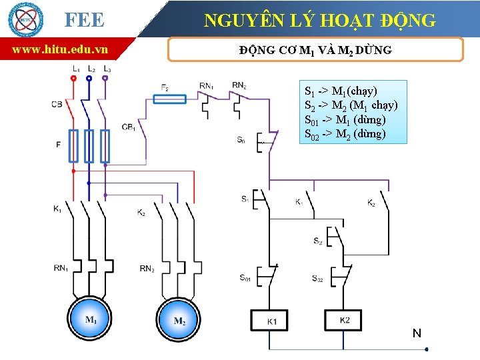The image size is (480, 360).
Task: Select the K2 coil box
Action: [345, 320]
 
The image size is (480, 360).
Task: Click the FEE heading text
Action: [84, 20]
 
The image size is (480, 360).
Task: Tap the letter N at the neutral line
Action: [417, 333]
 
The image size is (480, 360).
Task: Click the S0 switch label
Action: [241, 139]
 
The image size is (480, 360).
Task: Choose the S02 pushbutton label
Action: [317, 278]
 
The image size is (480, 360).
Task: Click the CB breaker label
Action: [57, 104]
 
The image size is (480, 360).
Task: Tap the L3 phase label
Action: [107, 69]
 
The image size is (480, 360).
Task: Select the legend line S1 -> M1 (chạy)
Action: [341, 91]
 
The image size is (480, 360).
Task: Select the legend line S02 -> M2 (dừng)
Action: [345, 134]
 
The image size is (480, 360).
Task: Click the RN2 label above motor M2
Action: [147, 269]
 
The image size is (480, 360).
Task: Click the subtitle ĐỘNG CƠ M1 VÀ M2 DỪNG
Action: [315, 50]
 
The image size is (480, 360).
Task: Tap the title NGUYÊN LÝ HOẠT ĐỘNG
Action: [320, 20]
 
